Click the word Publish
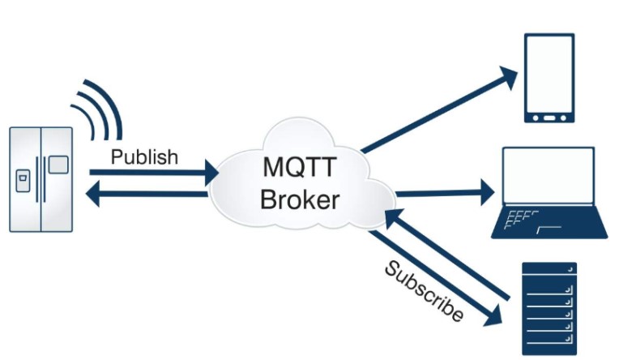click(x=143, y=156)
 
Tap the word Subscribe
click(x=424, y=291)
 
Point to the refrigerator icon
click(x=41, y=179)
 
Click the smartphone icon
click(x=549, y=78)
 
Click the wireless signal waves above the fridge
click(x=99, y=105)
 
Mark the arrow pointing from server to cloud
click(x=450, y=255)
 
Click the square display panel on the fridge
click(x=58, y=165)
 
